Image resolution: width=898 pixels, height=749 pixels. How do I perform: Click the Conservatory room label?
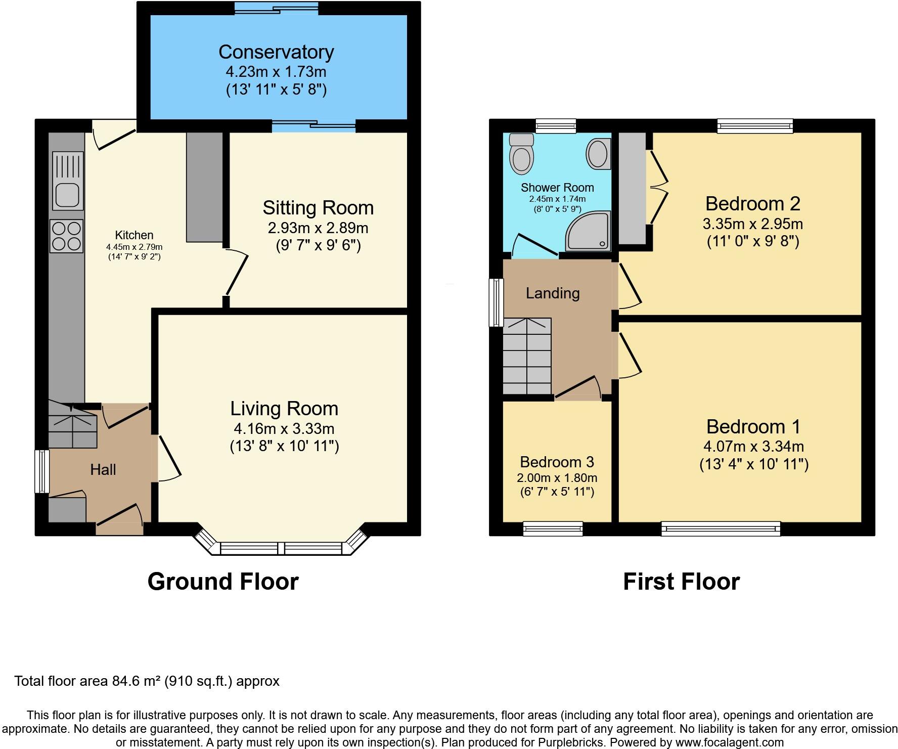coord(276,52)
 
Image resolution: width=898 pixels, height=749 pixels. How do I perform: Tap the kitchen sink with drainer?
coord(68,181)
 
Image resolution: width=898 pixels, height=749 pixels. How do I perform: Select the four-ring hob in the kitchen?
coord(66,236)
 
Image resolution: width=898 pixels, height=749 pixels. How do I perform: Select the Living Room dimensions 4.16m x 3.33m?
coord(284,429)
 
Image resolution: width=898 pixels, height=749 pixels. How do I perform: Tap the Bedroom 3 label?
coord(557,462)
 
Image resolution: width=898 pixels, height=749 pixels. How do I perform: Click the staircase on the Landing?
coord(527,356)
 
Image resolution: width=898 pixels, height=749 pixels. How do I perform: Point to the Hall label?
coord(103,470)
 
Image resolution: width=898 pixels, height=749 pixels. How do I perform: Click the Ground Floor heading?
coord(223,582)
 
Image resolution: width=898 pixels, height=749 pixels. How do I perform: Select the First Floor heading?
coord(681,582)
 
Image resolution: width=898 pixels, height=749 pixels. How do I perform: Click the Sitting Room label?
coord(318,208)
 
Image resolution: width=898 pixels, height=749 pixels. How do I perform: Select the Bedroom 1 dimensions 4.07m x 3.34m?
coord(753,447)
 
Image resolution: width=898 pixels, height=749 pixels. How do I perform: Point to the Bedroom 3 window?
coord(553,529)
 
